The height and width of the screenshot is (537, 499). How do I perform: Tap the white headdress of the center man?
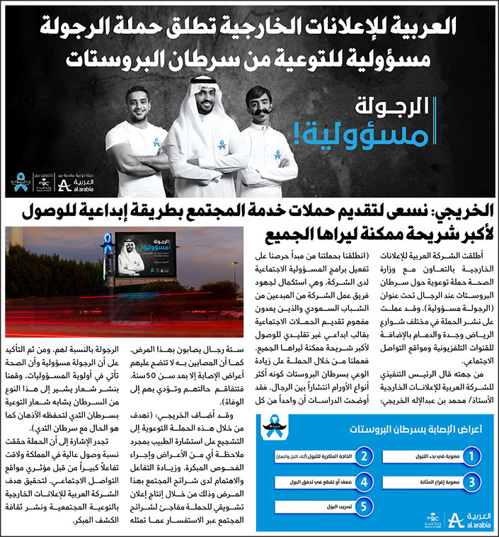pos(205,89)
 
